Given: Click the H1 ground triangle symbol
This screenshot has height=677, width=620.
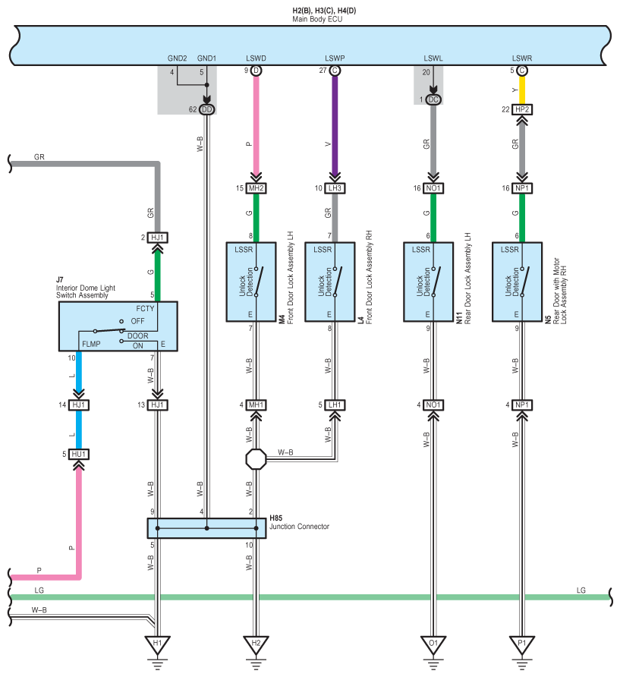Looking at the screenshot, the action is pos(157,644).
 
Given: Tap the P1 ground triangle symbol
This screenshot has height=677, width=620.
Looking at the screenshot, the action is pos(522,644).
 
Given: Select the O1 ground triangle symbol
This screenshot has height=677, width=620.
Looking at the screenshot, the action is pos(433,644).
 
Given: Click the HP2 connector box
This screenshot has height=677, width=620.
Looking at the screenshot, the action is pos(522,109).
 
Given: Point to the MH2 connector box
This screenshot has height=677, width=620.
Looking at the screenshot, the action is pos(256,188).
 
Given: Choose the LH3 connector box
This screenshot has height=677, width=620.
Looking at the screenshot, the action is pos(335,188).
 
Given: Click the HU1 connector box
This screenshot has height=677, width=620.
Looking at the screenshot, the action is pos(79,454).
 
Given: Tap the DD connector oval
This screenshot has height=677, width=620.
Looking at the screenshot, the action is pos(207,109).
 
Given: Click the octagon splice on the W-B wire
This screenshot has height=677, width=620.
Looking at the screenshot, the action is pos(256,459).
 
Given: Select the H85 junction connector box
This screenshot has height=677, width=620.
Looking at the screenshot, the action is pos(207,528).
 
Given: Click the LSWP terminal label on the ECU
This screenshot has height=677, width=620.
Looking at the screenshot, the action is pos(335,58).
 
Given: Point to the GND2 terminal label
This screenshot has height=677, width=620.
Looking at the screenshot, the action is pos(177,58).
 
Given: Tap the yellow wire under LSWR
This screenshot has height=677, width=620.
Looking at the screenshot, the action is pos(522,90).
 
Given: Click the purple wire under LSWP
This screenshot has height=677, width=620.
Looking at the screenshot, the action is pos(335,125).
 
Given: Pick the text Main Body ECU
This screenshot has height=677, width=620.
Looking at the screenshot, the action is pos(317,20).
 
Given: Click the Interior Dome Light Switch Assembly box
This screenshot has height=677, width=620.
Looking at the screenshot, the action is pos(118,326).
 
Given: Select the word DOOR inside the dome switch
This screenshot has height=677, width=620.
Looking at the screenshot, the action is pos(137,336).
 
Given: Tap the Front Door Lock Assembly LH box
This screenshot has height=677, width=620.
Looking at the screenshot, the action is pos(251,282).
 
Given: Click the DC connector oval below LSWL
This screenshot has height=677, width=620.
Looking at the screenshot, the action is pos(433,99).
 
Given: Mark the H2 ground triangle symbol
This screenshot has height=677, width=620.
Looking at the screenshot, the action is pos(256,644).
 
